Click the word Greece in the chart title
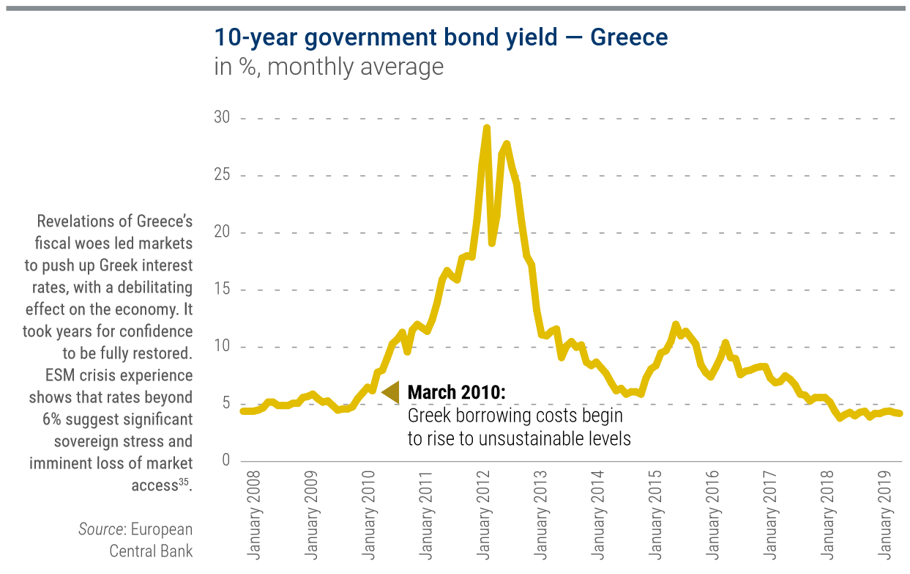tap(629, 37)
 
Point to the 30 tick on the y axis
tap(221, 118)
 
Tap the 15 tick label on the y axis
tap(221, 290)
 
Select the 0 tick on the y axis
tap(225, 460)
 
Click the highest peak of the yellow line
tap(486, 128)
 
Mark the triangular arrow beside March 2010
tap(390, 392)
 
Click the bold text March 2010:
tap(456, 393)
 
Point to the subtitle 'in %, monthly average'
tap(329, 67)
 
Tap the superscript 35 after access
tap(184, 481)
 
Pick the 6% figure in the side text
tap(56, 419)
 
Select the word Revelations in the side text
tap(83, 221)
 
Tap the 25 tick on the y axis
tap(221, 175)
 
